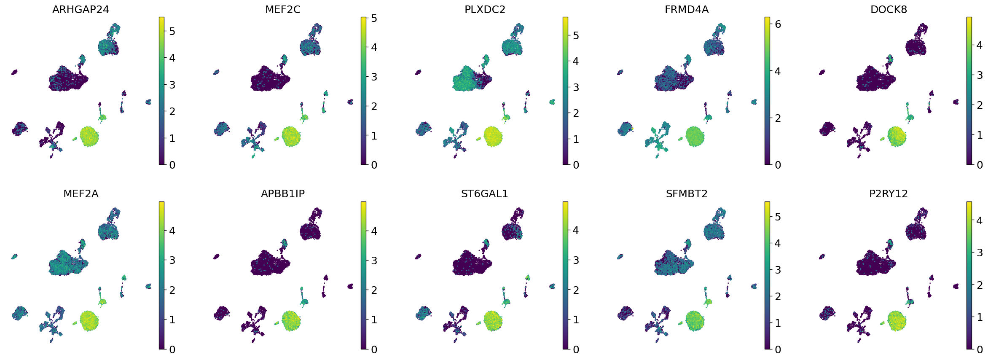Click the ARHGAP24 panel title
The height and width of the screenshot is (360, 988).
point(81,9)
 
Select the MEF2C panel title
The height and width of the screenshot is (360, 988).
point(282,9)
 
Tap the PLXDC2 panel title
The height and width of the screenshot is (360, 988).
point(484,9)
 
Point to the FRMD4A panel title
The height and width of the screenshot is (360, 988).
point(686,9)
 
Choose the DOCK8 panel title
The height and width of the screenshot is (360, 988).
point(888,9)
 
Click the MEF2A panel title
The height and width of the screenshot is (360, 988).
point(81,193)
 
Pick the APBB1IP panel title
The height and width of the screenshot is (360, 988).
point(282,193)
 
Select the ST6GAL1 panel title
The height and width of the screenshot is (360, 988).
point(484,193)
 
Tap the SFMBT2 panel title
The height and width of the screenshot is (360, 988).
point(686,193)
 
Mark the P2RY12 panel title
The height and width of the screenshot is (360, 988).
point(888,193)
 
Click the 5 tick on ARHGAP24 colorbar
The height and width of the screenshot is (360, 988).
point(172,31)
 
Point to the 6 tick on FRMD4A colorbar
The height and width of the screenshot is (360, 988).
point(778,24)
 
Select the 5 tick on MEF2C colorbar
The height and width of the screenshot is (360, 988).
point(374,18)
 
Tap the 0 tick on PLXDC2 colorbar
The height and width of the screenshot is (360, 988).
point(576,165)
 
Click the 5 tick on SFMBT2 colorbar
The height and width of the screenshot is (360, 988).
point(778,217)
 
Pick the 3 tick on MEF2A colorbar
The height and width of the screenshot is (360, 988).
point(172,260)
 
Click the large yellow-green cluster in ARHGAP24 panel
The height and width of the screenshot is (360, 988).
point(89,136)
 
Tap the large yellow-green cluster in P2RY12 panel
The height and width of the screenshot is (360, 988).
point(897,320)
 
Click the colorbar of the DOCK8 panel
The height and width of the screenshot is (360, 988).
point(969,91)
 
